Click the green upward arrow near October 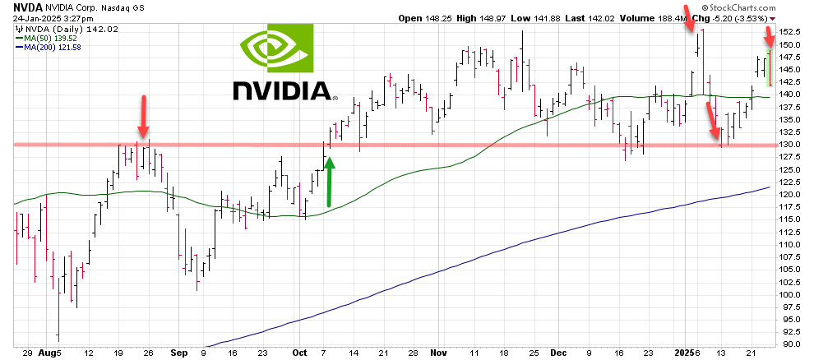click(x=329, y=182)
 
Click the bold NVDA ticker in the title click(x=29, y=6)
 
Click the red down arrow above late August click(x=144, y=116)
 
